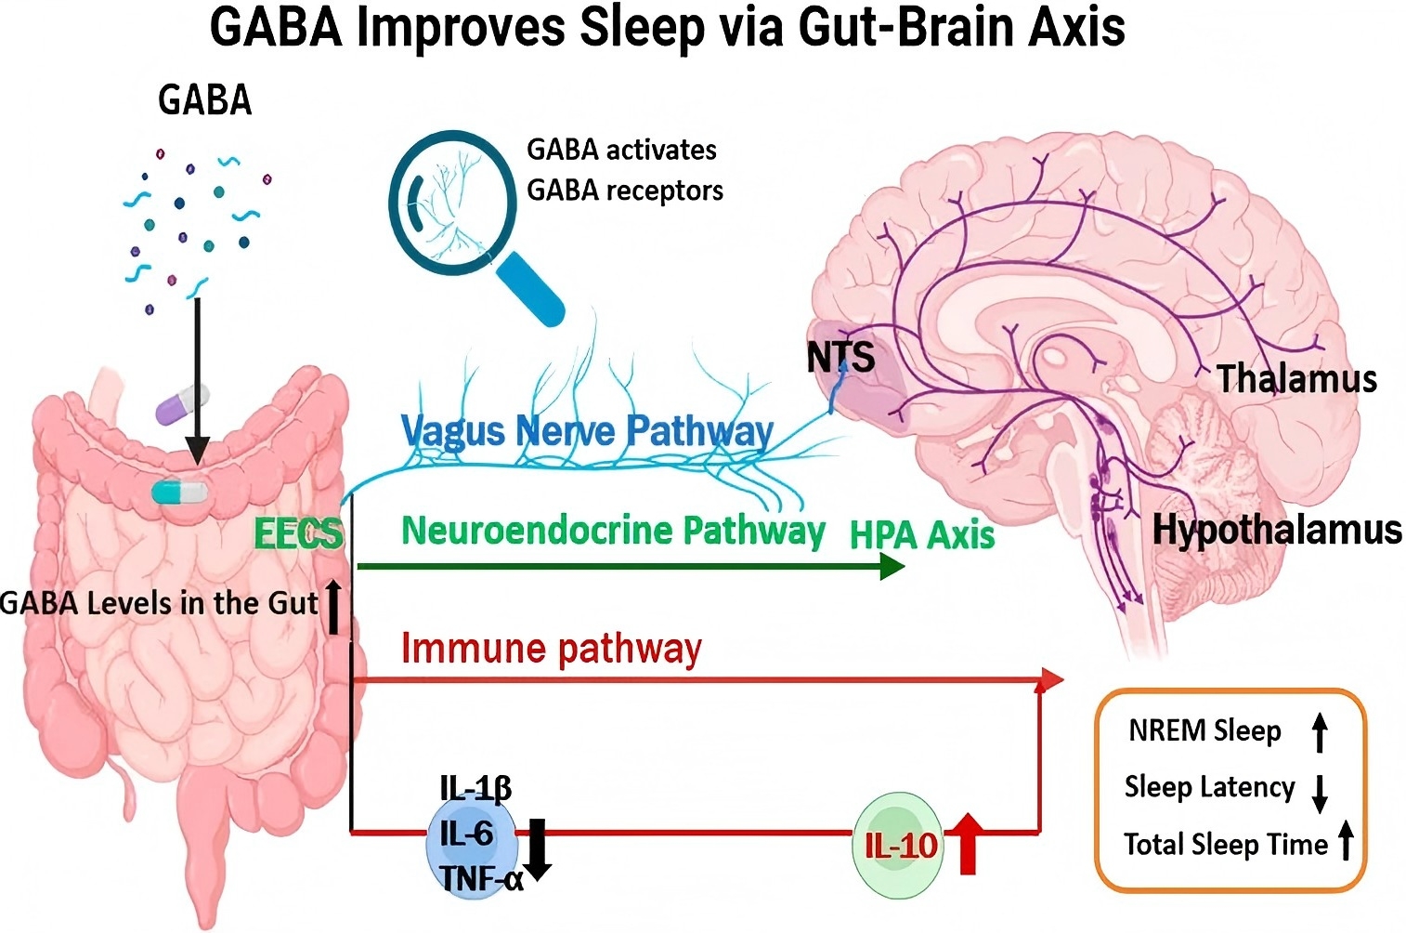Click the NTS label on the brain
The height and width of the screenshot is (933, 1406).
click(840, 357)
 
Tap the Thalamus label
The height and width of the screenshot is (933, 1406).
click(1296, 379)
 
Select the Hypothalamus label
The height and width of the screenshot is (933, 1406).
click(1277, 530)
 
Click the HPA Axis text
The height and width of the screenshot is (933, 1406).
click(922, 535)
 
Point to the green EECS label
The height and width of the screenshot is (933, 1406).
click(298, 534)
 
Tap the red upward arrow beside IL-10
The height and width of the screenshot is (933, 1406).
click(968, 843)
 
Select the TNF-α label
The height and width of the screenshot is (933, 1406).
click(481, 878)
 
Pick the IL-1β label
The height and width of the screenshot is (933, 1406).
click(475, 789)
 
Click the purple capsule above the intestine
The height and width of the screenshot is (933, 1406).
click(182, 405)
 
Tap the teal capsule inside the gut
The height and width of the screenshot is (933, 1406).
click(180, 492)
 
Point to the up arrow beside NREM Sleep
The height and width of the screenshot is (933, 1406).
click(1320, 731)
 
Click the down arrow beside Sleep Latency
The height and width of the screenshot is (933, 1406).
click(1319, 793)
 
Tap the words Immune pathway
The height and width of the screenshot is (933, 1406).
click(551, 649)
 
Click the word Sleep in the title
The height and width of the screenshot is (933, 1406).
click(642, 27)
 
